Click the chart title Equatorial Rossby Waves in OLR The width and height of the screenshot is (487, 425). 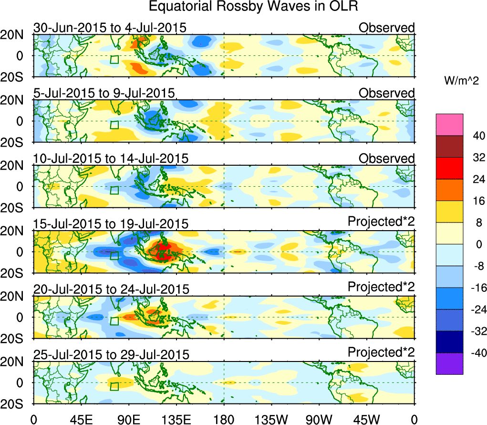click(x=253, y=7)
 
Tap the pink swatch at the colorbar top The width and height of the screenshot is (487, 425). click(x=449, y=125)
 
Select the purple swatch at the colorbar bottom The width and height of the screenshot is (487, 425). click(x=449, y=363)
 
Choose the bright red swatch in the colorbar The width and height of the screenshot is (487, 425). click(x=449, y=168)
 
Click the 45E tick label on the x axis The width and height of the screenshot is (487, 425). click(x=82, y=420)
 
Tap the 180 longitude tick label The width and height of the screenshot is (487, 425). click(x=224, y=420)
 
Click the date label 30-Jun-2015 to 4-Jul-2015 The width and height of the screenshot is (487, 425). click(x=110, y=28)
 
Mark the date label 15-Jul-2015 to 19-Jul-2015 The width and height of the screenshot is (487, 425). click(x=111, y=223)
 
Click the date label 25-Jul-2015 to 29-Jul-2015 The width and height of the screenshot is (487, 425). click(x=111, y=354)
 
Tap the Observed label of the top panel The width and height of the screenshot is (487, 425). click(x=386, y=28)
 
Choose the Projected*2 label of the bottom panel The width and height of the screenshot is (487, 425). click(x=381, y=352)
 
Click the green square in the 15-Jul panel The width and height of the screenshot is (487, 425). click(x=114, y=255)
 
